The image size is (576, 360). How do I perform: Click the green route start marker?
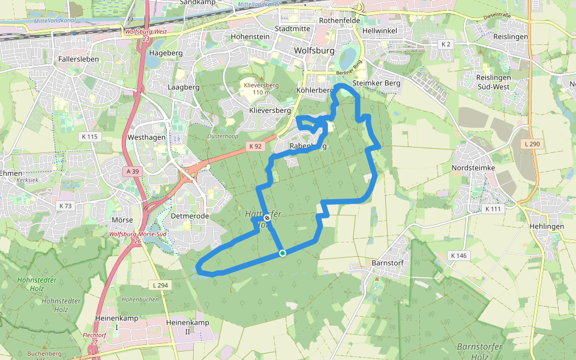coord(283,253)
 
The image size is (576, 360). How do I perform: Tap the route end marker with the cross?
coord(267,219)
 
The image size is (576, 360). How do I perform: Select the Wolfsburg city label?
coord(314,51)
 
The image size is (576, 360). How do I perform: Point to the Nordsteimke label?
coord(473,168)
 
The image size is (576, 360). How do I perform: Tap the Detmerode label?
coord(190,215)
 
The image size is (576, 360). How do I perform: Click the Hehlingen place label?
coord(547,226)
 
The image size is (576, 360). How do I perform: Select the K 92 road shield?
coord(255,146)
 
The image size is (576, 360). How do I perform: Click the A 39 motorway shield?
coord(133,172)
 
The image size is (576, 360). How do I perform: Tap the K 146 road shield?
coord(460,256)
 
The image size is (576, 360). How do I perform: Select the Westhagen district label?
coord(146,137)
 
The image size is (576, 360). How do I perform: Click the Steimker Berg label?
coord(376,83)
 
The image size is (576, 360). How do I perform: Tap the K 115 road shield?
coord(89,137)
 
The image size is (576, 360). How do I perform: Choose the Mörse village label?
coord(122,220)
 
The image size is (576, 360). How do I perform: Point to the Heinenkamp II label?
coord(187,326)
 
